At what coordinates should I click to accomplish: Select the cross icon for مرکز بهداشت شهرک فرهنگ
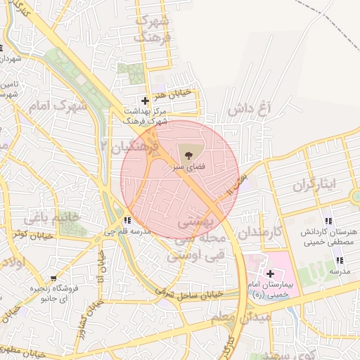tap(146, 101)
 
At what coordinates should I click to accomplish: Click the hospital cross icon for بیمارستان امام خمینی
tap(270, 273)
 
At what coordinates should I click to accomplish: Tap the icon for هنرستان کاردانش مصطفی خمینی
tap(328, 221)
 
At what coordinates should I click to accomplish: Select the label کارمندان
tap(259, 231)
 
